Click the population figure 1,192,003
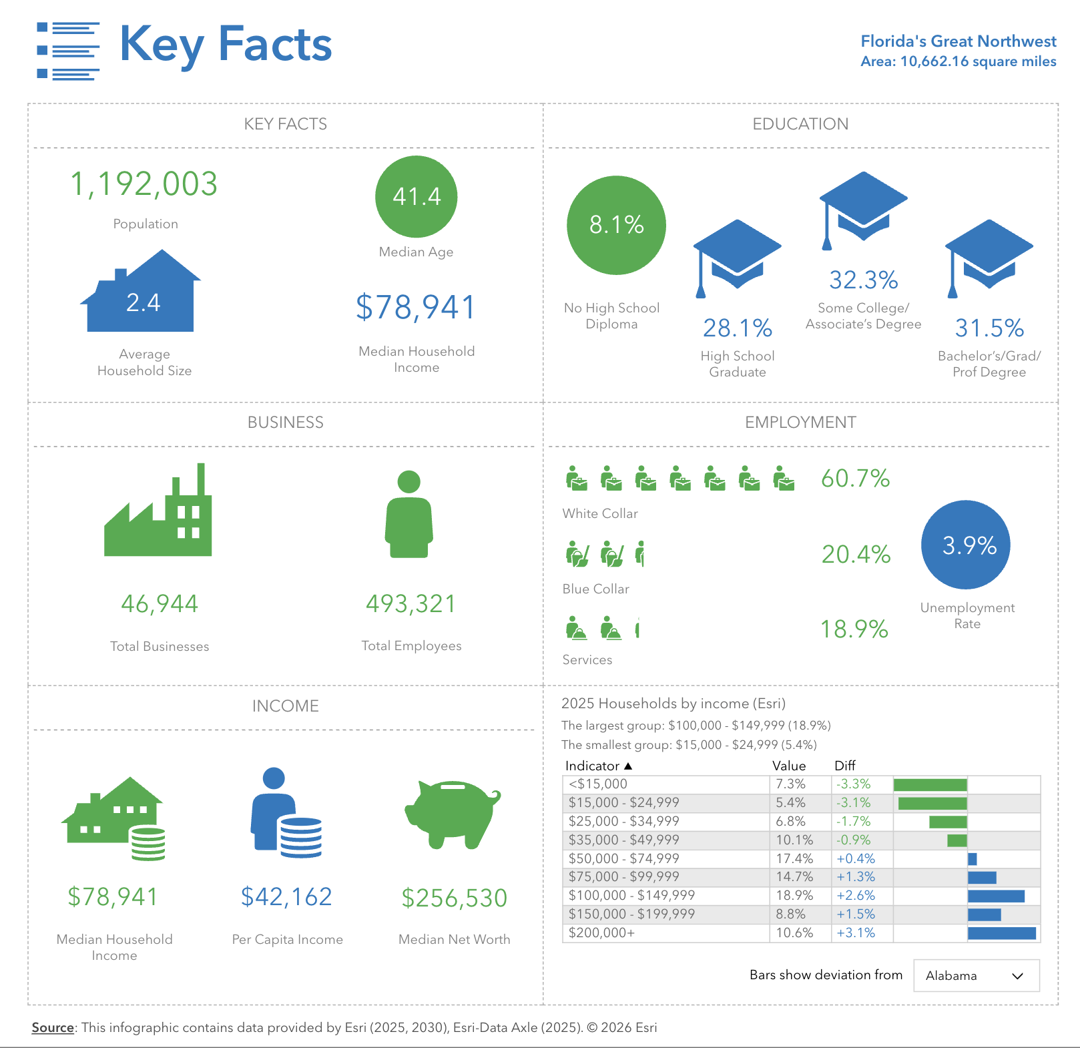(144, 184)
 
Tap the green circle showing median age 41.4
(416, 196)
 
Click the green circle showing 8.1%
(616, 225)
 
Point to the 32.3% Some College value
(863, 280)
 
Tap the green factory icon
(158, 514)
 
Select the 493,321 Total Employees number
(411, 604)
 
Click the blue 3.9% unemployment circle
(965, 545)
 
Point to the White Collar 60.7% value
(855, 479)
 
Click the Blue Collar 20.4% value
(856, 555)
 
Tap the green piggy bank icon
(453, 814)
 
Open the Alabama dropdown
(976, 975)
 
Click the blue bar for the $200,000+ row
(1001, 933)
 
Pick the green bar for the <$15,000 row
(930, 784)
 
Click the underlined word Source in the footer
(53, 1027)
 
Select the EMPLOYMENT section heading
(800, 423)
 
